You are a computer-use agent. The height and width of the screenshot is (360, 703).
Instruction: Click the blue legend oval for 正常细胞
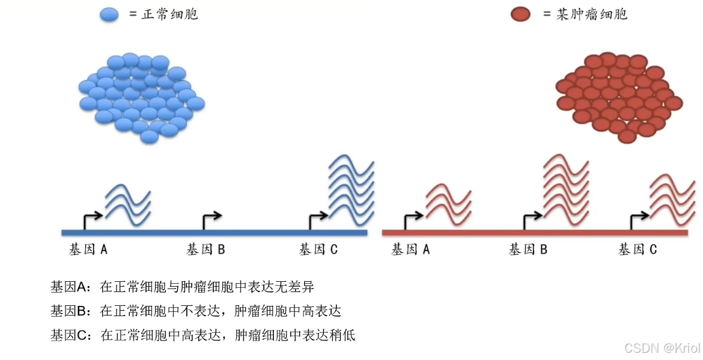(109, 14)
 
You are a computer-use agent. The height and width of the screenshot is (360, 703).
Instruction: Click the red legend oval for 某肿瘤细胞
(520, 14)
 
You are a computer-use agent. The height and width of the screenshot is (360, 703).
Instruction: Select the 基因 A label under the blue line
(88, 249)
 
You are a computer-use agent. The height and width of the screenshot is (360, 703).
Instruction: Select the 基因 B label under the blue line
(205, 249)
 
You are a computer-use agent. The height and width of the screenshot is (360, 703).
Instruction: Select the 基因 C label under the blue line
(318, 249)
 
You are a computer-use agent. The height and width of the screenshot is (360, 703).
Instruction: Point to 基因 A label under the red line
(410, 249)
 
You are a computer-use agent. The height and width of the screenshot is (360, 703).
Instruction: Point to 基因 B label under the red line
(528, 249)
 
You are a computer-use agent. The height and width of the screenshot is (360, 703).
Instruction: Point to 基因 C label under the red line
(638, 249)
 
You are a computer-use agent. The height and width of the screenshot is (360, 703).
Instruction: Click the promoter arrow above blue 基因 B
(211, 220)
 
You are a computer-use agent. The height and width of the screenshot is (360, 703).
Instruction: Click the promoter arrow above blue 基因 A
(92, 220)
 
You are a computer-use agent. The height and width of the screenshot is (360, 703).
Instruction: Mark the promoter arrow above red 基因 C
(639, 220)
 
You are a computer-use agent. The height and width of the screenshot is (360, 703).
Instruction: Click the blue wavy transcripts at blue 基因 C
(351, 189)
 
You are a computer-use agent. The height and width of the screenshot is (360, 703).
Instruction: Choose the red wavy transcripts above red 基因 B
(565, 186)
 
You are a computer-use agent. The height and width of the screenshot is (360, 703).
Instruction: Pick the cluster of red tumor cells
(618, 96)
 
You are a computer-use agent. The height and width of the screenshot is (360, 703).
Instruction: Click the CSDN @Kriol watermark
(662, 349)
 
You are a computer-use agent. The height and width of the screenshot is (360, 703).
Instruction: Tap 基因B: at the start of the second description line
(72, 311)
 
